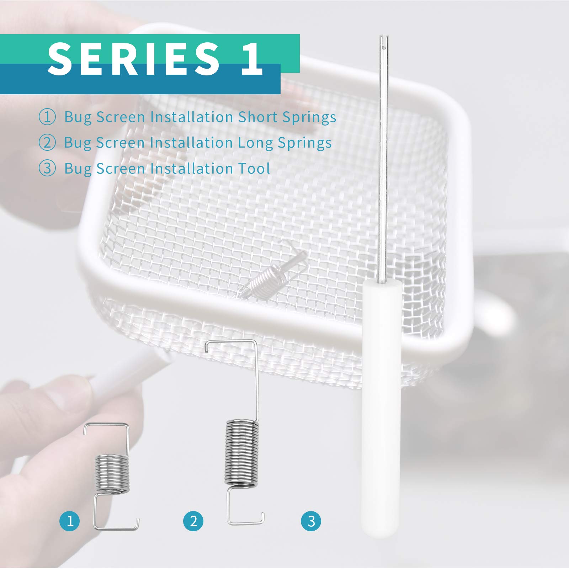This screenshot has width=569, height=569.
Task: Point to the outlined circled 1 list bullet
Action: [47, 117]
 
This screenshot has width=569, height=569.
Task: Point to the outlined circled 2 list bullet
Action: [47, 143]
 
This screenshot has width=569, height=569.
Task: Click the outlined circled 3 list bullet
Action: [47, 168]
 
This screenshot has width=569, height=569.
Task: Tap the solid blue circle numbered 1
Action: [70, 521]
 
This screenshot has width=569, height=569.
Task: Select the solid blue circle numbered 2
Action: [193, 521]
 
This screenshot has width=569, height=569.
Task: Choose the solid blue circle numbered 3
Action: [311, 521]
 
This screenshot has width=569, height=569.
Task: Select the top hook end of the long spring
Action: [207, 349]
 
